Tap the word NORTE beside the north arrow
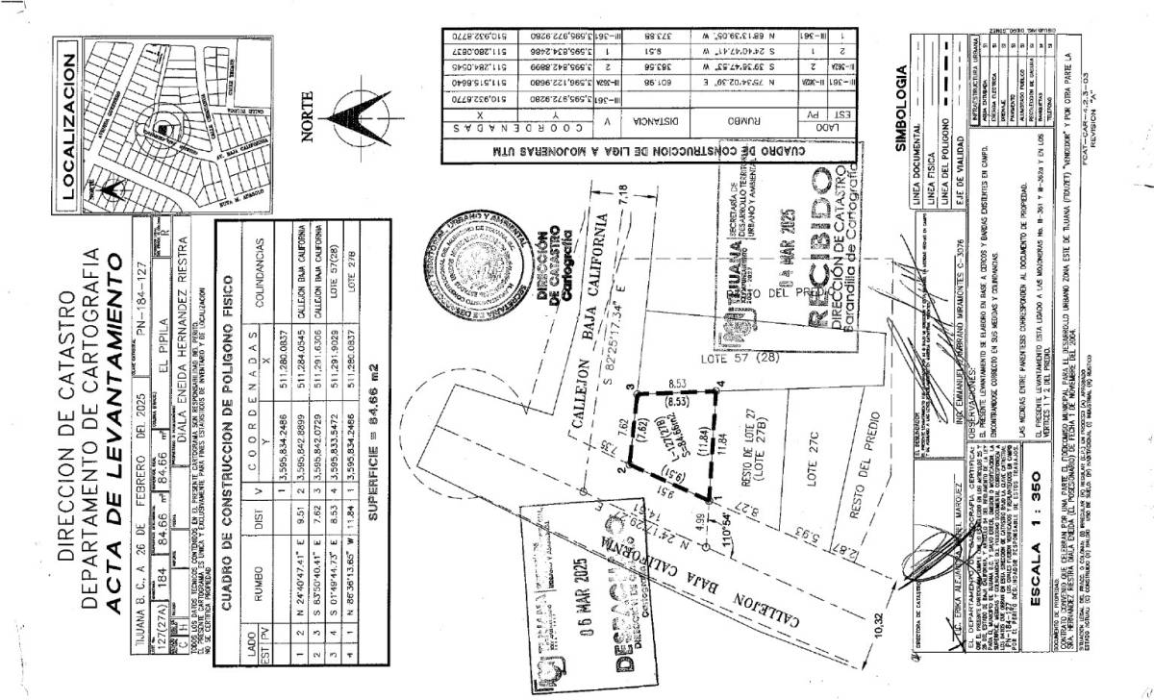[308, 116]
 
